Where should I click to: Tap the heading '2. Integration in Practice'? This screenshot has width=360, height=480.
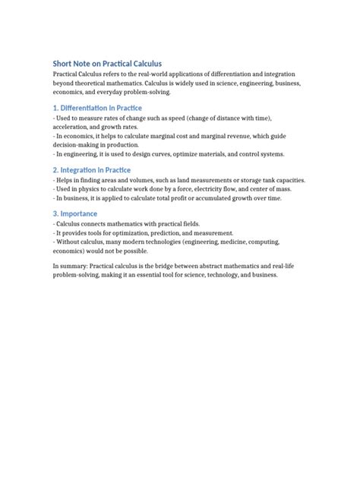[x=92, y=169]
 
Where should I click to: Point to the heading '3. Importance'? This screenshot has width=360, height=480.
[x=75, y=213]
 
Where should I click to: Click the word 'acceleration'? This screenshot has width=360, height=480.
[x=71, y=127]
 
